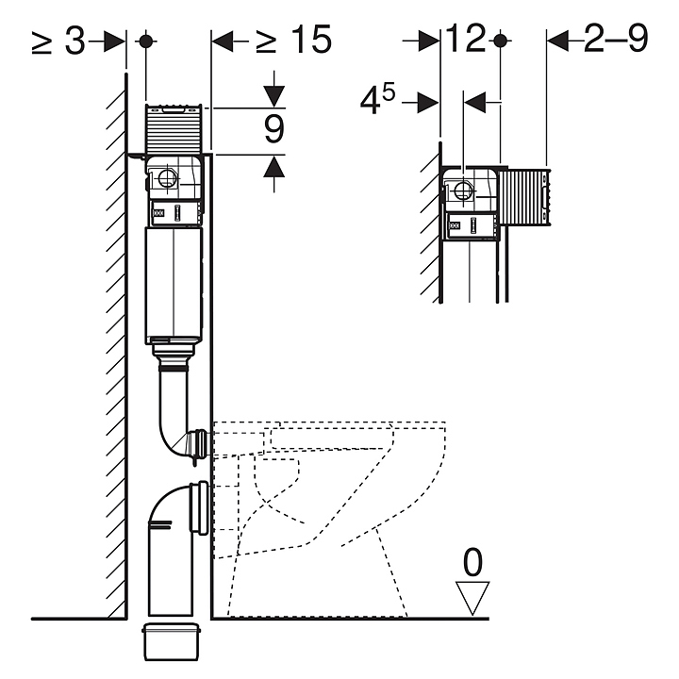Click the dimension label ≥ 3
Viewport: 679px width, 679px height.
(x=58, y=41)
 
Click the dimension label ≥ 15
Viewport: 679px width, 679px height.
(x=294, y=40)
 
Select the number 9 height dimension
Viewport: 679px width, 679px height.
(x=274, y=129)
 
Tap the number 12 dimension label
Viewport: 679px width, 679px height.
(x=466, y=39)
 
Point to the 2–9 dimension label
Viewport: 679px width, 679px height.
(x=616, y=38)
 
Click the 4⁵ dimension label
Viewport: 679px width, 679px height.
(x=377, y=100)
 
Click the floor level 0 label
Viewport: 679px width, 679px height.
(x=472, y=562)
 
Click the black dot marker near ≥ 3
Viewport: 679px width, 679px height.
(x=146, y=41)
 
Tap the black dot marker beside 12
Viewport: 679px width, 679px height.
(x=501, y=41)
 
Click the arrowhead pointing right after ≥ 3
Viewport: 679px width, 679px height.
(x=115, y=41)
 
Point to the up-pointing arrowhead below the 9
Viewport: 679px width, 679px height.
(x=274, y=165)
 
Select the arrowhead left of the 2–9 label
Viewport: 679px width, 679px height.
(x=557, y=41)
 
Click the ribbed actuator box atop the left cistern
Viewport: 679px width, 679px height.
(x=174, y=128)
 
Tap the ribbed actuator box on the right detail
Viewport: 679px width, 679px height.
(x=524, y=197)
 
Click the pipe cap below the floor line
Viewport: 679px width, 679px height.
(x=171, y=641)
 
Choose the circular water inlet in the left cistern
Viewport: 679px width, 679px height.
(x=166, y=179)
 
